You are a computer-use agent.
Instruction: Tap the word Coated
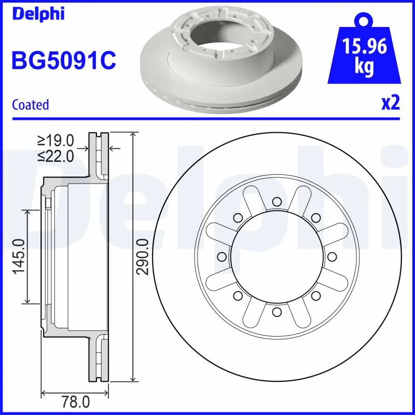pyautogui.click(x=30, y=105)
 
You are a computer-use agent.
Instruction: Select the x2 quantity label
pyautogui.click(x=391, y=104)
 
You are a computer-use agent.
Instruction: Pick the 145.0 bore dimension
pyautogui.click(x=19, y=257)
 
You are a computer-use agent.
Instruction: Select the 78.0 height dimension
pyautogui.click(x=75, y=402)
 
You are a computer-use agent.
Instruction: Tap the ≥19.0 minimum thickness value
pyautogui.click(x=56, y=141)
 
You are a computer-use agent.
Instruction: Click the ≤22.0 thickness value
pyautogui.click(x=56, y=156)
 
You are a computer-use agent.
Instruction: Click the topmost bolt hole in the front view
pyautogui.click(x=276, y=201)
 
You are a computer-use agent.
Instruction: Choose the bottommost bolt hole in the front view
pyautogui.click(x=276, y=311)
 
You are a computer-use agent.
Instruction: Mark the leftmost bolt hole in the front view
pyautogui.click(x=222, y=256)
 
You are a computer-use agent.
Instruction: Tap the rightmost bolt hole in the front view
pyautogui.click(x=331, y=256)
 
